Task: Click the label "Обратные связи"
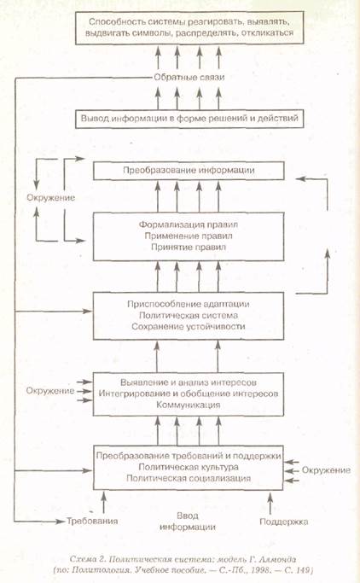[189, 78]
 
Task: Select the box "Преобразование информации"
[189, 171]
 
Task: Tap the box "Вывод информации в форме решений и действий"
[189, 119]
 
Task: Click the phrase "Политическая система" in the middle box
[189, 315]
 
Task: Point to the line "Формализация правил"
[189, 224]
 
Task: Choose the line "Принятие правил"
[189, 247]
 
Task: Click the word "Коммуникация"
[189, 405]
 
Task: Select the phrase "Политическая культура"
[189, 467]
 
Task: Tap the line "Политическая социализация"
[189, 478]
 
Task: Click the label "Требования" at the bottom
[92, 521]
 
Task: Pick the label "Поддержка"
[284, 522]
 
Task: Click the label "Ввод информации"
[187, 522]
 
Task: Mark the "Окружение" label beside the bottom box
[326, 470]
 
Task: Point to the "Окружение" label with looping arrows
[50, 197]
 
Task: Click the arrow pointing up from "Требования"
[104, 502]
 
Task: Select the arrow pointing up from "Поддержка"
[270, 502]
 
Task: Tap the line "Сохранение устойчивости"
[189, 326]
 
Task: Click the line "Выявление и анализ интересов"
[189, 382]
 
